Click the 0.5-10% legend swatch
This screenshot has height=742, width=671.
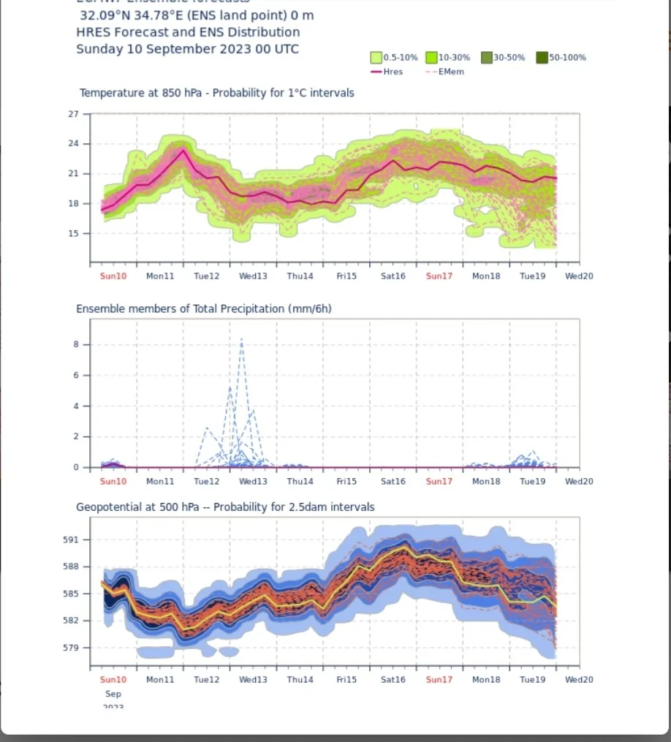[376, 57]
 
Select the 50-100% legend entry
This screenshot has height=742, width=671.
[567, 57]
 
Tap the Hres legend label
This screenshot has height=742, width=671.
[393, 72]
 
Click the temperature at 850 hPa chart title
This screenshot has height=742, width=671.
[216, 93]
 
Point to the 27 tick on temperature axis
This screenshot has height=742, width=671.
[73, 114]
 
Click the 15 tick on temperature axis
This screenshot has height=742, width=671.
[73, 234]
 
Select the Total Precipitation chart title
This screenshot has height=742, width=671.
[203, 308]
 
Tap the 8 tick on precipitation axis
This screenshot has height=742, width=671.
[76, 345]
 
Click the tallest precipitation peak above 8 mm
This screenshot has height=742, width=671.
[241, 340]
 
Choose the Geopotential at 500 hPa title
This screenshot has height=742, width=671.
[225, 507]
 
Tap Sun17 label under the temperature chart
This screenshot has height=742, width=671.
[439, 276]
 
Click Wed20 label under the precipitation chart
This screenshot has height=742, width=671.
[579, 482]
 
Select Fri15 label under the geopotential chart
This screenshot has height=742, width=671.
[346, 680]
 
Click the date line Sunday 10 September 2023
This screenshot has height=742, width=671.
[187, 49]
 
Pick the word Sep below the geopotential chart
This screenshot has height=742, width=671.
[113, 694]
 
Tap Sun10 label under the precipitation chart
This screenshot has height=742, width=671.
[113, 482]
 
